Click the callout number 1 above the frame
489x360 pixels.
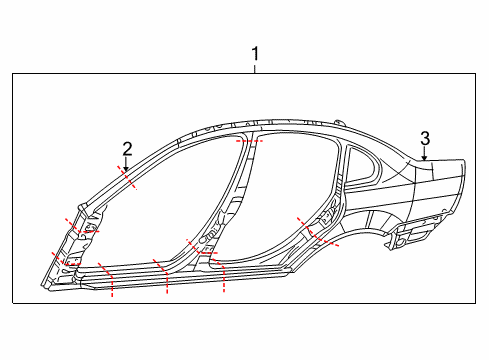pyautogui.click(x=255, y=54)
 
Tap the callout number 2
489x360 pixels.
pyautogui.click(x=127, y=149)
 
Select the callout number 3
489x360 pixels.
pyautogui.click(x=425, y=139)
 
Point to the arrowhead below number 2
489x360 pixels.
pyautogui.click(x=126, y=169)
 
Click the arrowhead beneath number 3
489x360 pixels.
pyautogui.click(x=424, y=158)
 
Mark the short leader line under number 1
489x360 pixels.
pyautogui.click(x=255, y=69)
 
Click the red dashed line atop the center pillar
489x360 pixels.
pyautogui.click(x=249, y=141)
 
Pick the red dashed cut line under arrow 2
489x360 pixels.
pyautogui.click(x=127, y=177)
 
